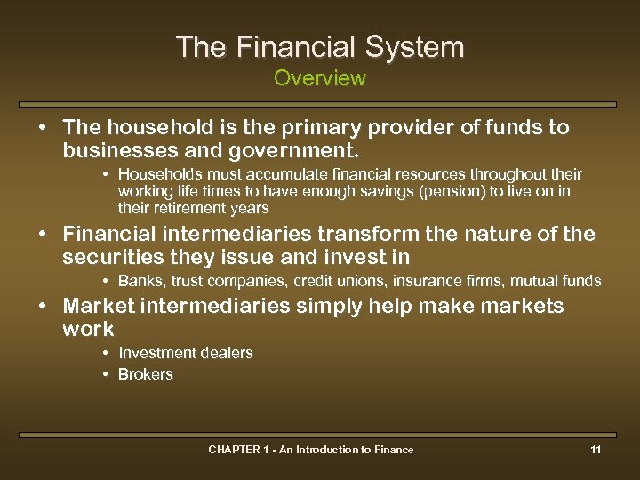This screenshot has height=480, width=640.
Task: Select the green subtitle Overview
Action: tap(320, 78)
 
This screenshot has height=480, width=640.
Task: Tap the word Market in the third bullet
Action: tap(99, 307)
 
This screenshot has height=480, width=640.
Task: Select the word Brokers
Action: tap(146, 374)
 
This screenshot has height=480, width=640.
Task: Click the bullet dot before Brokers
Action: tap(106, 374)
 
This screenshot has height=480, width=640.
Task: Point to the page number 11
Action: tap(596, 450)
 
